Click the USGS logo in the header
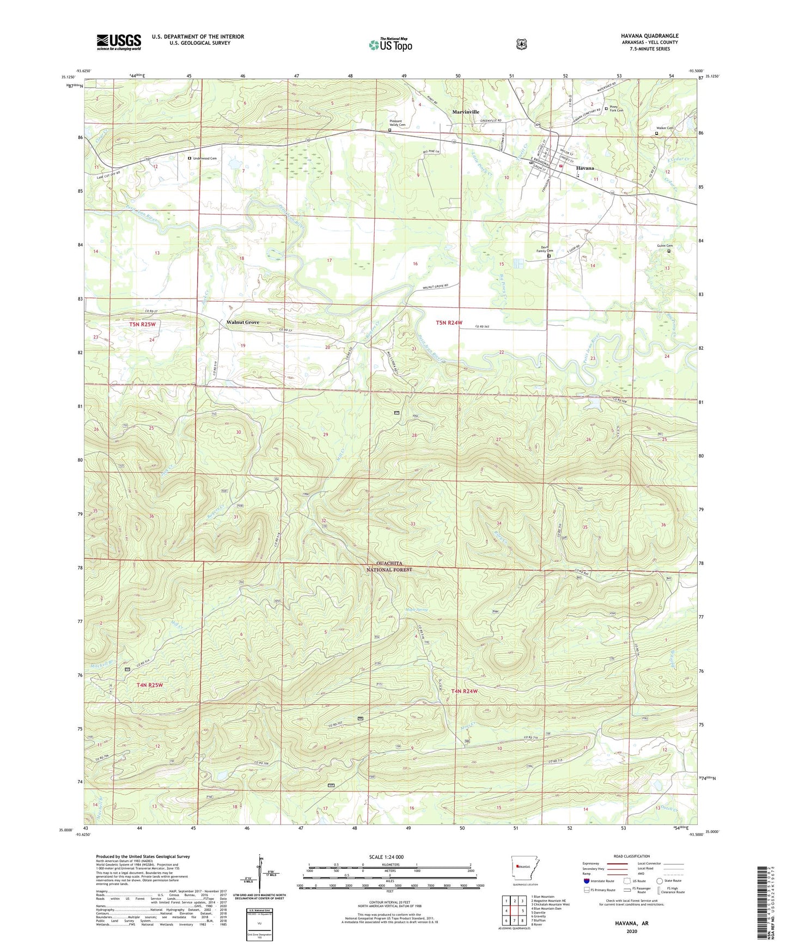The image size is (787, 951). tap(119, 41)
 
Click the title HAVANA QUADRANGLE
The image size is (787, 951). tap(649, 36)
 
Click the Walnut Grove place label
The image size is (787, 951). tap(243, 322)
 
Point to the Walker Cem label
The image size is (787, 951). tap(665, 128)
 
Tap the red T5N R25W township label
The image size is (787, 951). tap(142, 325)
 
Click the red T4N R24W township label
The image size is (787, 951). tap(464, 691)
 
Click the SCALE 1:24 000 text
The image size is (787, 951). tap(386, 857)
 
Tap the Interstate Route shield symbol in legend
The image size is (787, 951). tap(586, 881)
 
